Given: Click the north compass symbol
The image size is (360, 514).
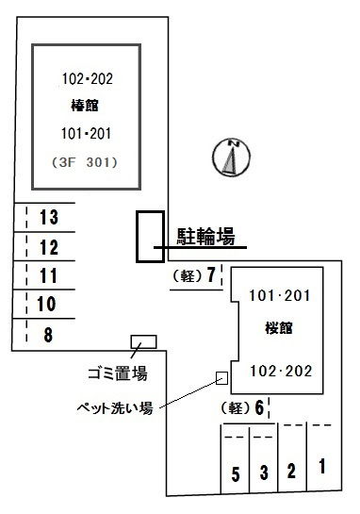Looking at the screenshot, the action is tap(231, 158).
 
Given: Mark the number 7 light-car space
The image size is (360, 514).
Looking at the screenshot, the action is tap(196, 275).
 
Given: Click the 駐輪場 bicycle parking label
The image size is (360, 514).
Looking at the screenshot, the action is tap(206, 237).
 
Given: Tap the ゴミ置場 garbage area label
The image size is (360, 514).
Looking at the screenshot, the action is tap(118, 373).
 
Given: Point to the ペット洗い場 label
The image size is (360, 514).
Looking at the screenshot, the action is tap(115, 408).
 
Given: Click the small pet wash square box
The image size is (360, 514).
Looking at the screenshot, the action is tap(221, 378).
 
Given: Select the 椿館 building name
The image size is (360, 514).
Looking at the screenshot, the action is tap(85, 106).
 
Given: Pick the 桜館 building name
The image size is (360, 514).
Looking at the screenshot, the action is tap(278, 328).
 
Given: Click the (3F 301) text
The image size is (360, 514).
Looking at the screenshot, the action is tap(85, 162).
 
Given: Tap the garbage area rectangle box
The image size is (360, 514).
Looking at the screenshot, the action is tap(144, 342).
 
